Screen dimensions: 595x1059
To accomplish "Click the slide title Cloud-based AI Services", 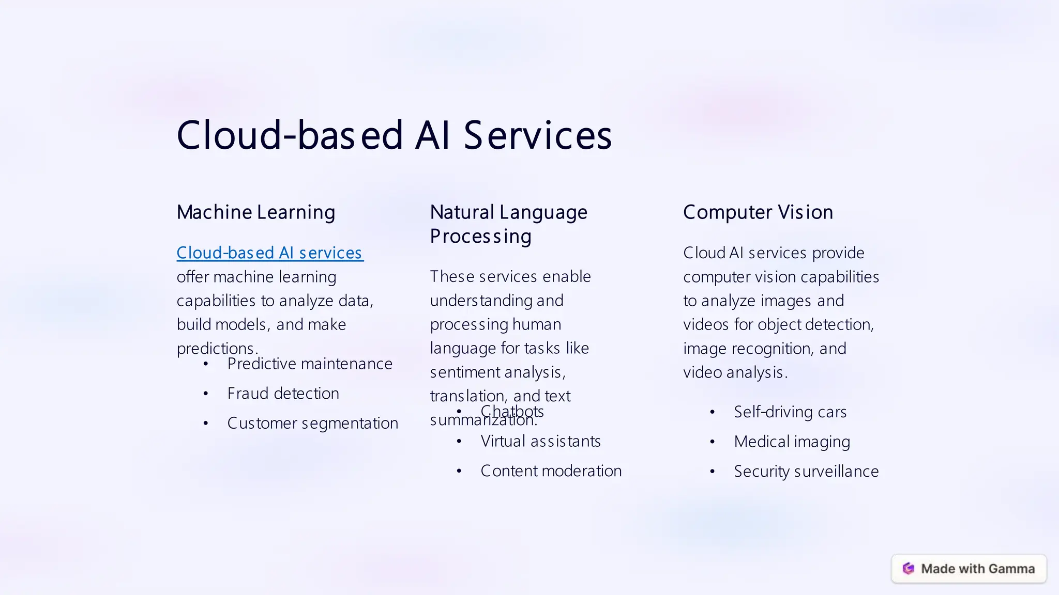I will pyautogui.click(x=394, y=135).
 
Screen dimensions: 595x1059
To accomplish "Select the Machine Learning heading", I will pyautogui.click(x=256, y=212).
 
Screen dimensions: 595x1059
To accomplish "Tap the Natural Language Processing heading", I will pyautogui.click(x=508, y=224).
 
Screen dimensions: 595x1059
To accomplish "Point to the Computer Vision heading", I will pyautogui.click(x=758, y=212).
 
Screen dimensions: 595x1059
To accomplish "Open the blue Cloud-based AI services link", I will pyautogui.click(x=269, y=253).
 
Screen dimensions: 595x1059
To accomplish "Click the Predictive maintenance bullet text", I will pyautogui.click(x=310, y=364).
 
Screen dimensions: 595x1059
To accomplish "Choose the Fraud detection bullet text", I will pyautogui.click(x=283, y=394).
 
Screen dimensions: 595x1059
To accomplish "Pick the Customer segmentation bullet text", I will pyautogui.click(x=312, y=424).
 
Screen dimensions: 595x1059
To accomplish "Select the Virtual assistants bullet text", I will pyautogui.click(x=540, y=442).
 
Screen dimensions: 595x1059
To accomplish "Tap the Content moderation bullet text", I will pyautogui.click(x=551, y=471).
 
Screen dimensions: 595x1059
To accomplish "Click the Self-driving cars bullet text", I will pyautogui.click(x=790, y=412).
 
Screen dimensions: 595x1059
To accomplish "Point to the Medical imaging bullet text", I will pyautogui.click(x=792, y=442).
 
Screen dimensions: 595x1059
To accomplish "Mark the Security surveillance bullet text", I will pyautogui.click(x=806, y=472).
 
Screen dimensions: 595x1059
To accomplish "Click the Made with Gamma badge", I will pyautogui.click(x=969, y=569).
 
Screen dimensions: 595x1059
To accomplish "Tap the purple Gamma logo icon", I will pyautogui.click(x=909, y=569).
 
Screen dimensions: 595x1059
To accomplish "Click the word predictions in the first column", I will pyautogui.click(x=216, y=349).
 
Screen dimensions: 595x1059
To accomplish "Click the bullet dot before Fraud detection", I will pyautogui.click(x=206, y=394).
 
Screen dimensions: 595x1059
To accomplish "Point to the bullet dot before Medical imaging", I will pyautogui.click(x=713, y=442).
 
